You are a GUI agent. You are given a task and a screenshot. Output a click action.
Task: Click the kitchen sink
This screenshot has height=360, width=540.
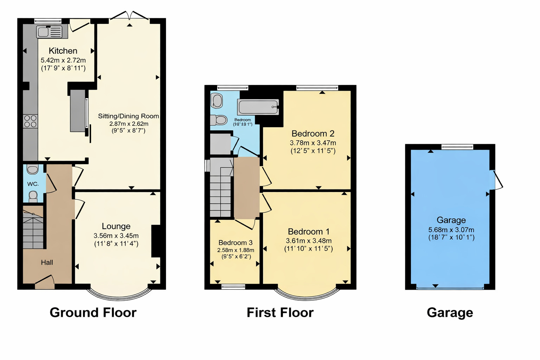[49, 32]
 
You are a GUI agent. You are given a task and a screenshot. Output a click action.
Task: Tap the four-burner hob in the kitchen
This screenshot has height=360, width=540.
[30, 121]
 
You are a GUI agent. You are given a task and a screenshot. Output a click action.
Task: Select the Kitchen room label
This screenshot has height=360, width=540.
[63, 51]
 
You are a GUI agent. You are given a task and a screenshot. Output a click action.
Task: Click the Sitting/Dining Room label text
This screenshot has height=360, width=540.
[128, 116]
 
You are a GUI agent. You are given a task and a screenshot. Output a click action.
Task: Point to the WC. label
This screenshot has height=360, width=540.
[33, 184]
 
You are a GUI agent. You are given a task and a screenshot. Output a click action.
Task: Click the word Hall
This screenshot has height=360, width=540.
[47, 262]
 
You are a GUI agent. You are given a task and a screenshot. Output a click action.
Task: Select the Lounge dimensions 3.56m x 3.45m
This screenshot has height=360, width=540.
[116, 236]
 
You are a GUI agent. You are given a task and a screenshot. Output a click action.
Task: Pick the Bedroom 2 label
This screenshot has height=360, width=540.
[313, 134]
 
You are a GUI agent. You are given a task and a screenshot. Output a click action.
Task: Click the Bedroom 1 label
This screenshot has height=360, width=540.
[308, 232]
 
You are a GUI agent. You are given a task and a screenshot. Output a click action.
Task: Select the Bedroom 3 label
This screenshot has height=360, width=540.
[235, 243]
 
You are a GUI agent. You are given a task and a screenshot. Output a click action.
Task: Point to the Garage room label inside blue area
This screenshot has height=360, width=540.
[451, 220]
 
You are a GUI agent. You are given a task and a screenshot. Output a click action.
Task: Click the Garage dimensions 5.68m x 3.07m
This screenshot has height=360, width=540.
[451, 230]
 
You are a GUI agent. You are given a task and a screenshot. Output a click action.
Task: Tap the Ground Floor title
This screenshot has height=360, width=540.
[93, 313]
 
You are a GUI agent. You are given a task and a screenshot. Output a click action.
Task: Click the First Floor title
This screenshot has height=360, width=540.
[280, 313]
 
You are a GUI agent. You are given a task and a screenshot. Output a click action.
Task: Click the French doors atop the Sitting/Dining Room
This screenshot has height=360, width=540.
[130, 16]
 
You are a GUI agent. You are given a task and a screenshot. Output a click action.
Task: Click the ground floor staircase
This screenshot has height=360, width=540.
[33, 230]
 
